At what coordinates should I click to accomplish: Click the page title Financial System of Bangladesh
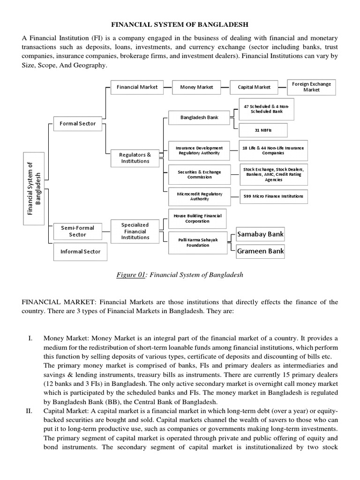(180, 24)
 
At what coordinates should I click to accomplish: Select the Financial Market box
(137, 87)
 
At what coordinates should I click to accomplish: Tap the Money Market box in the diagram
(196, 87)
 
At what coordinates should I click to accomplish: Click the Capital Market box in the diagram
(254, 87)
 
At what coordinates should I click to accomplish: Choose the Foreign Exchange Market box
(311, 87)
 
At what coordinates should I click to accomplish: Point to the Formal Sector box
(77, 124)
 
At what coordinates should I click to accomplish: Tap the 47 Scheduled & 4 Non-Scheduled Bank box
(266, 109)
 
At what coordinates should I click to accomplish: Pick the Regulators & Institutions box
(135, 158)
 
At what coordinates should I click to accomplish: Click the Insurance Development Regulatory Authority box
(193, 150)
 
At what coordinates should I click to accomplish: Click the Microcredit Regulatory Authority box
(193, 196)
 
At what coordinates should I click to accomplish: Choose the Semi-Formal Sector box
(77, 231)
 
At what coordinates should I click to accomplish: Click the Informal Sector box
(80, 252)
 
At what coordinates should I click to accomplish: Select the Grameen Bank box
(260, 251)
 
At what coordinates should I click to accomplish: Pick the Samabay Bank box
(260, 234)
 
